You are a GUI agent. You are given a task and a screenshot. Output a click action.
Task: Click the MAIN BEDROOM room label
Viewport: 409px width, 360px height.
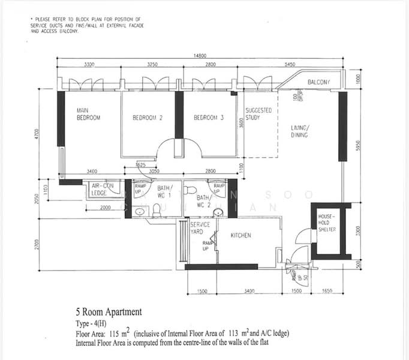click(88, 114)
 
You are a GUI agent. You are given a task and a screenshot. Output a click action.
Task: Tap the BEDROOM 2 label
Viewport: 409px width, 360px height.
click(148, 118)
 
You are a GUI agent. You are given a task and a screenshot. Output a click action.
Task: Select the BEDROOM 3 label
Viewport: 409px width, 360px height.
click(208, 118)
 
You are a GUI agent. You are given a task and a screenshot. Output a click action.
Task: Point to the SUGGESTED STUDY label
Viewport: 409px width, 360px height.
click(258, 114)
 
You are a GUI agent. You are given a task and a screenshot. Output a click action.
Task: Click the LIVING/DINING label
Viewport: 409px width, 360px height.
click(299, 131)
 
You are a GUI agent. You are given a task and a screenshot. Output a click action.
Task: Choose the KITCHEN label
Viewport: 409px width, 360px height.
click(240, 235)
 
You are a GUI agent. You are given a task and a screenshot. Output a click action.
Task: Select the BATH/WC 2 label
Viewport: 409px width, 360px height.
click(203, 200)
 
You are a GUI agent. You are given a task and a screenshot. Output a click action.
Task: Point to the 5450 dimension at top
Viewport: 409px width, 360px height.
click(290, 64)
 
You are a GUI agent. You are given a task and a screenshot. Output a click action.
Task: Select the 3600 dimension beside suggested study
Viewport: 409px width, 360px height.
click(241, 123)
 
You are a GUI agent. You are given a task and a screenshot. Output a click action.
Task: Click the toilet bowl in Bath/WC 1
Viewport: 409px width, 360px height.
click(157, 208)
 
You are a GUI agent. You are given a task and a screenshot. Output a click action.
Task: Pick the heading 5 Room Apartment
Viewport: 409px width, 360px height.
click(109, 312)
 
